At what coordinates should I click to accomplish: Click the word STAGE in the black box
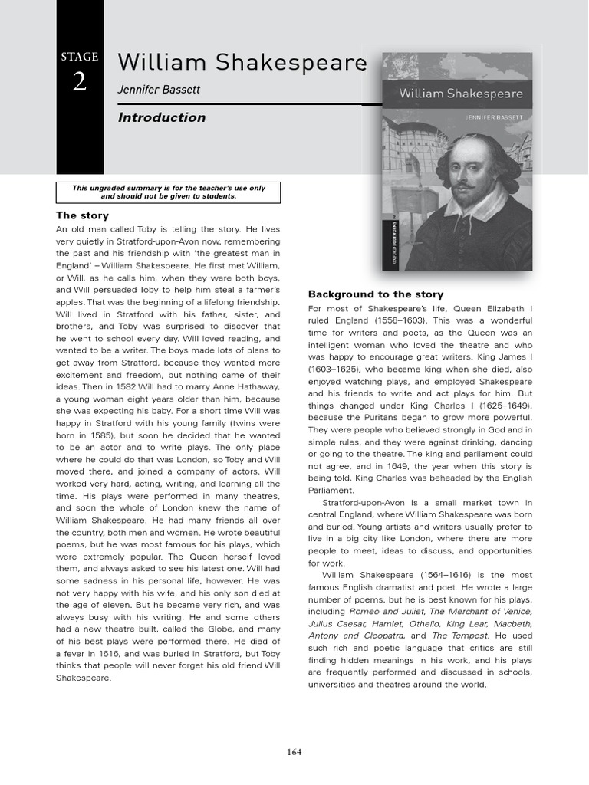80,57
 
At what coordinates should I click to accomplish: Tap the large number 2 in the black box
80,82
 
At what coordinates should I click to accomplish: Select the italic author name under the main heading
159,90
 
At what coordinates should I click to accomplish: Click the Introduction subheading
162,117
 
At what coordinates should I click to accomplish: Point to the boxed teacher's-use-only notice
169,192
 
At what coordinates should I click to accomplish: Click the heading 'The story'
83,215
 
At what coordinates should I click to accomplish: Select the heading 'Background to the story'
376,294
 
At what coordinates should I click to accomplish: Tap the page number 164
294,752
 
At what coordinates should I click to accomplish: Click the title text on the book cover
461,94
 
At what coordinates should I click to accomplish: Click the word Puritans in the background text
370,417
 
